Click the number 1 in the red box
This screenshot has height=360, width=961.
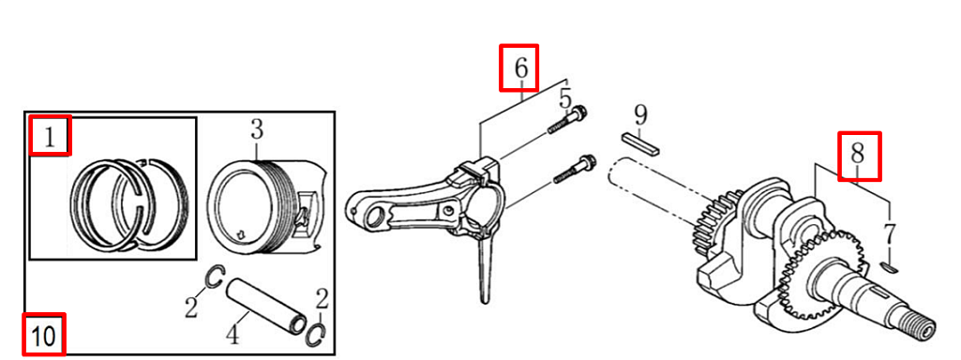click(x=50, y=137)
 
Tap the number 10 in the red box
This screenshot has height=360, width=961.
click(x=45, y=336)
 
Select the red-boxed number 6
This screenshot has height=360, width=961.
click(x=520, y=67)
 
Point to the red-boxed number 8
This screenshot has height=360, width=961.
click(x=858, y=155)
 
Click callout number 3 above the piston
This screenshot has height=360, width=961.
click(x=256, y=130)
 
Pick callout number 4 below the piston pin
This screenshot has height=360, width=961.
click(x=233, y=335)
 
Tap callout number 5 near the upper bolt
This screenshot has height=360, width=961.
click(x=565, y=99)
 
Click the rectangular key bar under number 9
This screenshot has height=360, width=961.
click(x=640, y=143)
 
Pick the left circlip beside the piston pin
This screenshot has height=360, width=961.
click(x=215, y=277)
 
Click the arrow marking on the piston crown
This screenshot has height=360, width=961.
click(x=241, y=233)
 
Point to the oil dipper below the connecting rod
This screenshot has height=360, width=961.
click(x=484, y=270)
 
